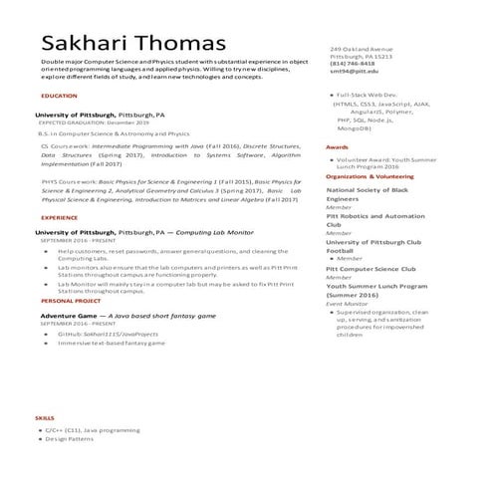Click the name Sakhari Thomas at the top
pos(133,44)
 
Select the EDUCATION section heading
pos(59,96)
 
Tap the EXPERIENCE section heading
pos(60,217)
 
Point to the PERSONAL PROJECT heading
pos(71,300)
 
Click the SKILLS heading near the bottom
pos(45,417)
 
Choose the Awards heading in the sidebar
pos(338,146)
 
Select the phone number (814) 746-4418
pos(354,65)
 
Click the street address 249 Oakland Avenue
pos(362,49)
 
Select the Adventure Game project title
pos(126,315)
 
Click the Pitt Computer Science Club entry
pos(370,269)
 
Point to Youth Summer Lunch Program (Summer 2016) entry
pos(380,291)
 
